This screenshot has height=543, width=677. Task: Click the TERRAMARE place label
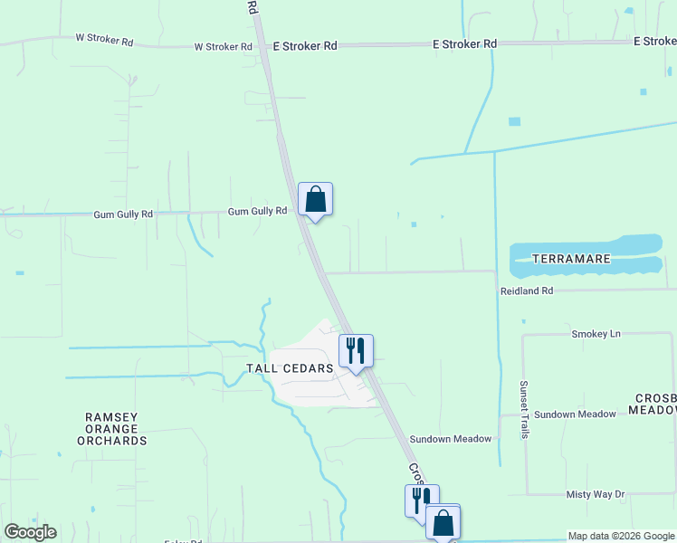570,259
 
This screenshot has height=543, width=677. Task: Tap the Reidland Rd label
526,291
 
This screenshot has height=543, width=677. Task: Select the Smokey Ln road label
596,334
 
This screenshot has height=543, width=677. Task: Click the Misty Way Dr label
595,494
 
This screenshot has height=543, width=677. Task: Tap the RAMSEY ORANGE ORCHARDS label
112,429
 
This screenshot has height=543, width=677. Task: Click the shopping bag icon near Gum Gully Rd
315,199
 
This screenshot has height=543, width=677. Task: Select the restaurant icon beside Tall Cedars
356,350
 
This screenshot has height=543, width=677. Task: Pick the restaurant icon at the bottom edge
419,500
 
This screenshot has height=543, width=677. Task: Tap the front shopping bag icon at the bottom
443,522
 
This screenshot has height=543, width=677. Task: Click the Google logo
30,532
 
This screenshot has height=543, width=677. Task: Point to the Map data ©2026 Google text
621,536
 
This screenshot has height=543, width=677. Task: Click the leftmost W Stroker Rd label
104,40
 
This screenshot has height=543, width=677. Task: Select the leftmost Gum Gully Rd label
123,215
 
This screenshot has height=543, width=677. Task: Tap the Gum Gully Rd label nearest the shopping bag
257,211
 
